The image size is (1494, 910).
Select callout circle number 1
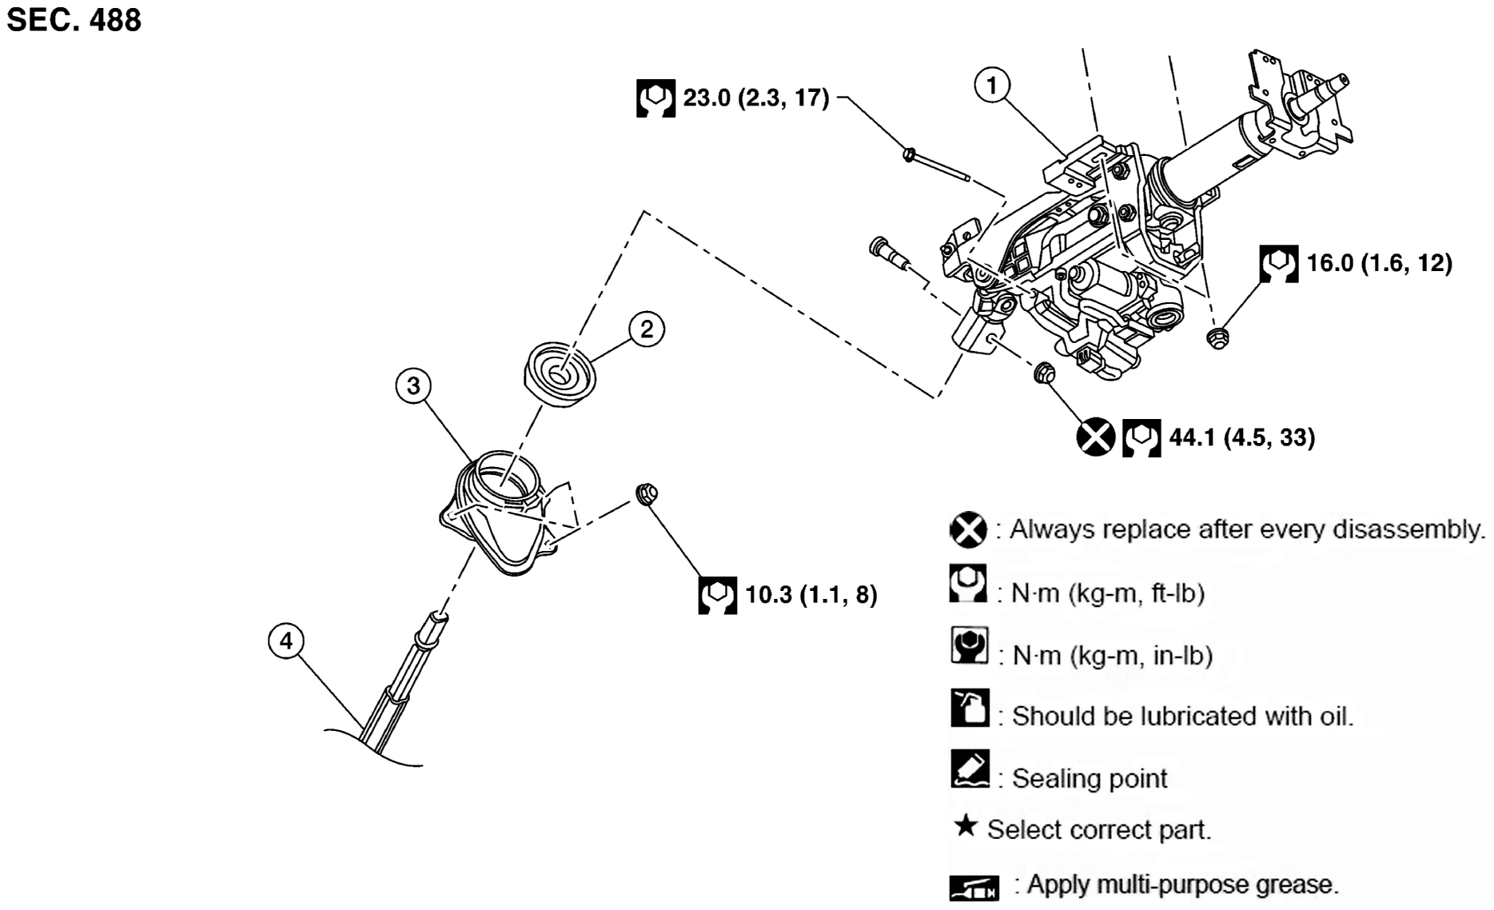[992, 85]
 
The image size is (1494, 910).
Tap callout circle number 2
[646, 329]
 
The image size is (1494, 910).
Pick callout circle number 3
[412, 386]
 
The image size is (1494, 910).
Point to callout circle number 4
[286, 641]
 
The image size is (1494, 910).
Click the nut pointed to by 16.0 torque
[1217, 337]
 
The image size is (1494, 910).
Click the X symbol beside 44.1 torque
[1094, 437]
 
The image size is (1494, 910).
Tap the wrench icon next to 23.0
[655, 98]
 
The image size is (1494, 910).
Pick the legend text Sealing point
[1090, 778]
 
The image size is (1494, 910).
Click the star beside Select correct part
[966, 826]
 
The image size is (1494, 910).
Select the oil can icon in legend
[970, 708]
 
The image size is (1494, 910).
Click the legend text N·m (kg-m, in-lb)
[1112, 656]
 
